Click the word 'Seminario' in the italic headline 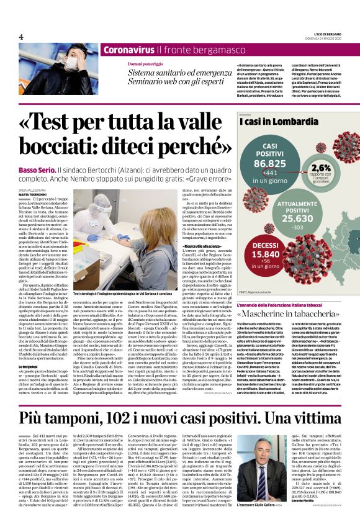[x=149, y=84]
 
